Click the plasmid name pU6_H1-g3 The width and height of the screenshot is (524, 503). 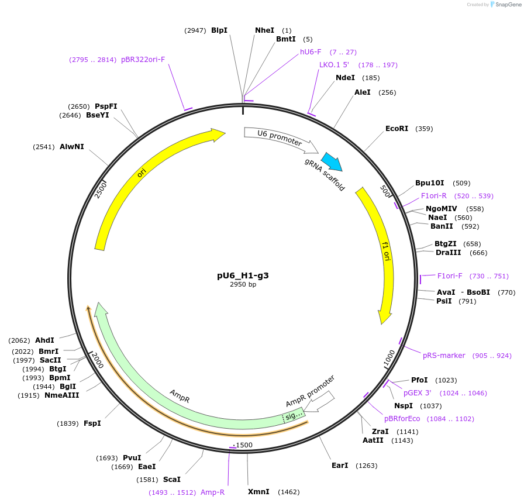pyautogui.click(x=243, y=275)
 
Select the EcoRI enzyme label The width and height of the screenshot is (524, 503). pyautogui.click(x=397, y=129)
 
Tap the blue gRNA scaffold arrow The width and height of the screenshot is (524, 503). pyautogui.click(x=332, y=161)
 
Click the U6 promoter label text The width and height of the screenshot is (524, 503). pyautogui.click(x=280, y=137)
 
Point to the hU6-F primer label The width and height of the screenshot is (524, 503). pyautogui.click(x=311, y=52)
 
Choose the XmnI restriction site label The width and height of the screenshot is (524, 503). pyautogui.click(x=258, y=492)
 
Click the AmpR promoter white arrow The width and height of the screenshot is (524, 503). pyautogui.click(x=319, y=401)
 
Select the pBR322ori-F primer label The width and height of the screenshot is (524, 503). pyautogui.click(x=143, y=60)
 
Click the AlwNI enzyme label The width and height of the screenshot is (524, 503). pyautogui.click(x=72, y=147)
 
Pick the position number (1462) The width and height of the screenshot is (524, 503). pyautogui.click(x=288, y=492)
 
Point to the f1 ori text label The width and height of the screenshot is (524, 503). pyautogui.click(x=385, y=252)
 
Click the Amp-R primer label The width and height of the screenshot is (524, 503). pyautogui.click(x=212, y=492)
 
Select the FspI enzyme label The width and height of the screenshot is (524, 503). pyautogui.click(x=92, y=423)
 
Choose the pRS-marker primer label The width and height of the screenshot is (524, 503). pyautogui.click(x=444, y=355)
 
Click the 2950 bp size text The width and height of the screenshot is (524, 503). pyautogui.click(x=243, y=285)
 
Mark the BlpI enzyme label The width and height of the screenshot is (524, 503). pyautogui.click(x=219, y=30)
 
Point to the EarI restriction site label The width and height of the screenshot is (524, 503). pyautogui.click(x=339, y=466)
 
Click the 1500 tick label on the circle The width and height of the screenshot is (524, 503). pyautogui.click(x=244, y=445)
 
